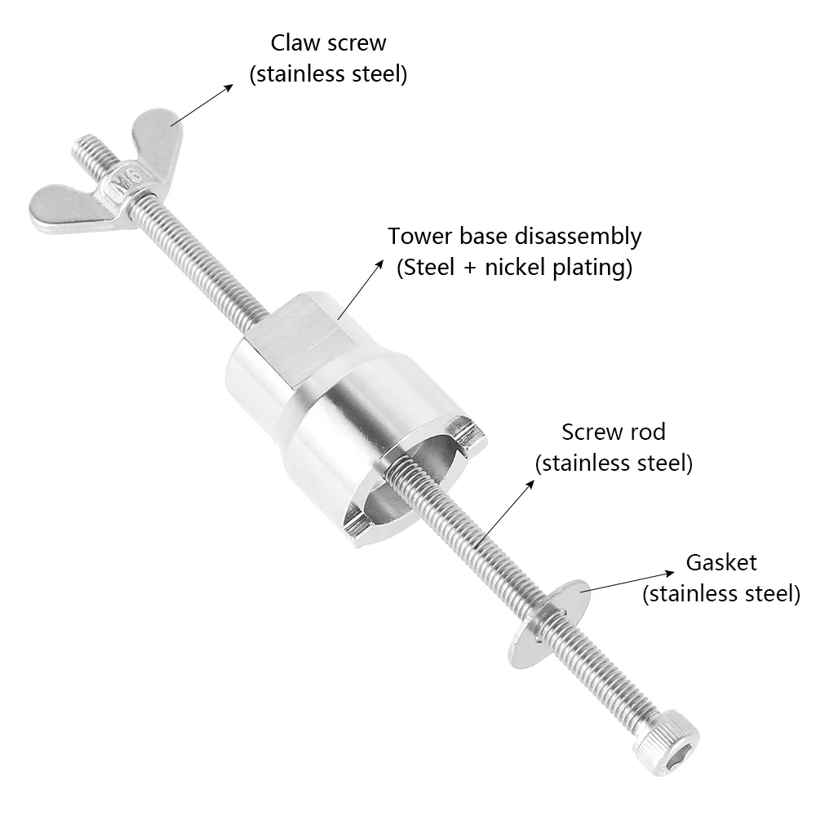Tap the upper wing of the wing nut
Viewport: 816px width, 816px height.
pos(156,135)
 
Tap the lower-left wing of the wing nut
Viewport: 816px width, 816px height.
pos(68,209)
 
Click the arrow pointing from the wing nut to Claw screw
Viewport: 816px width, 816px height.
pos(202,104)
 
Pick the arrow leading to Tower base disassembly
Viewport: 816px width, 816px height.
pos(360,290)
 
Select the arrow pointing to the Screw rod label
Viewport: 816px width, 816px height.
pos(505,513)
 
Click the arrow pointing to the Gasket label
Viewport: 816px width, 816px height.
pos(627,582)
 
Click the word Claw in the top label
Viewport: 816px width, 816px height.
pos(294,42)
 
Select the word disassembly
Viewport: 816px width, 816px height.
pos(577,237)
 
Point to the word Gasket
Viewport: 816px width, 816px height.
pos(721,562)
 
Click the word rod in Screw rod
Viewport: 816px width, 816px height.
pos(648,432)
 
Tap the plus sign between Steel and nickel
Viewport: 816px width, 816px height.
pos(469,268)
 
